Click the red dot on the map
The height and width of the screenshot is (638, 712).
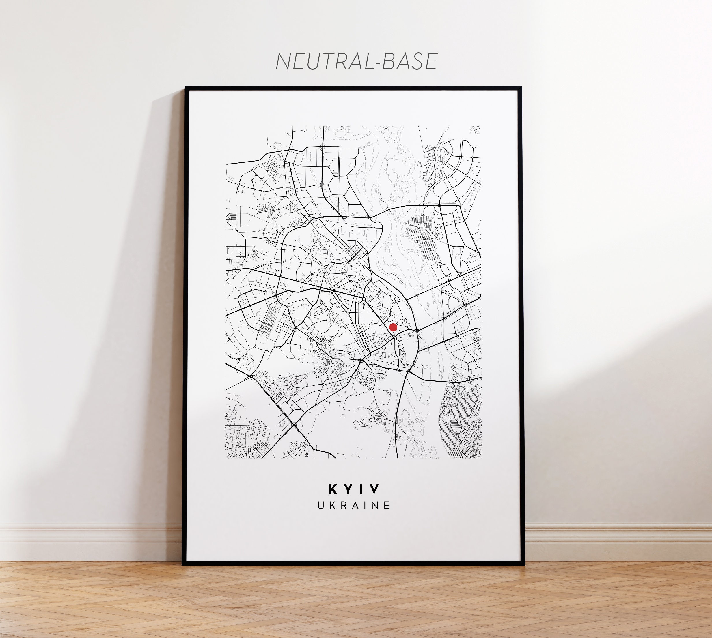click(393, 327)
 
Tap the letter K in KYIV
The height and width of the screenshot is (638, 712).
click(333, 489)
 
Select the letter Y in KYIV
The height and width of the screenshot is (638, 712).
click(348, 489)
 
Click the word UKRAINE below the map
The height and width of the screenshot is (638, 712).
click(354, 506)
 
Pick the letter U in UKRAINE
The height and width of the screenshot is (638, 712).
click(321, 506)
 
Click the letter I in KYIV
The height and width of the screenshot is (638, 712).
click(362, 489)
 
